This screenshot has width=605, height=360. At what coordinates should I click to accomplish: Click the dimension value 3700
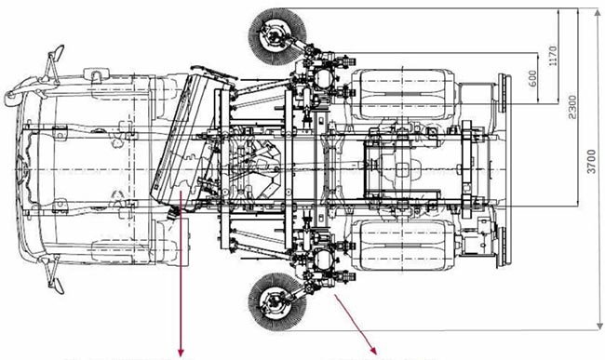click(x=591, y=161)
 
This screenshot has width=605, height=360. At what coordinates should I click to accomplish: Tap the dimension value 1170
click(x=553, y=56)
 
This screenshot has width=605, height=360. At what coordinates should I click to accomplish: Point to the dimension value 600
click(x=532, y=79)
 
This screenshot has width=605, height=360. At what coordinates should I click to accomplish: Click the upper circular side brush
click(x=276, y=35)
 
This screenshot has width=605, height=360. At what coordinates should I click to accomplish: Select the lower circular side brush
click(x=276, y=301)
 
